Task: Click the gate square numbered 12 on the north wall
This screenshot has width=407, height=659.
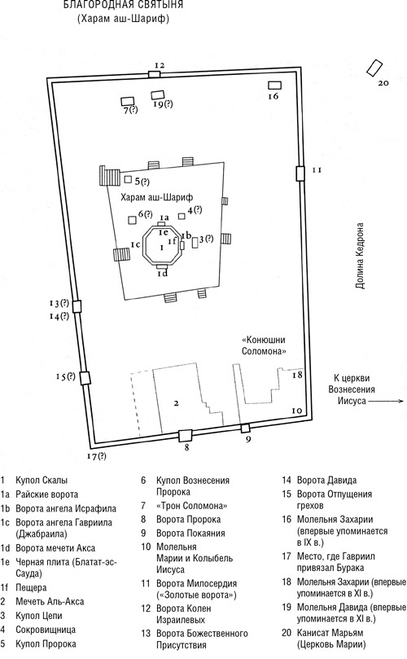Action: point(154,74)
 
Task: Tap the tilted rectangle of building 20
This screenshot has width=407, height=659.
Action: point(374,68)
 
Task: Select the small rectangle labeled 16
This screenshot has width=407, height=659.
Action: point(274,86)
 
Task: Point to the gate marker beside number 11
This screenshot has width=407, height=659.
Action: point(300,174)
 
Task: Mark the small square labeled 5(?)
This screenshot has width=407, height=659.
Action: point(128,179)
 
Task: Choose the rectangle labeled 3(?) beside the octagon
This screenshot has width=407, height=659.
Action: point(195,243)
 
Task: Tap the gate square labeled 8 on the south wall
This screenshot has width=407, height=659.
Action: point(185,436)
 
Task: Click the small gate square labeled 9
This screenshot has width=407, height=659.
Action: point(245,428)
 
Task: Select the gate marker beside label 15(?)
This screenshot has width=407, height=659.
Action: point(85,378)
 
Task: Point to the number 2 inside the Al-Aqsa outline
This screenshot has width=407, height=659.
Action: point(177,403)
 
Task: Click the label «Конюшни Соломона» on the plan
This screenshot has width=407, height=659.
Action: point(264,346)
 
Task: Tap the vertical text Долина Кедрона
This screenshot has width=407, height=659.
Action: point(360,256)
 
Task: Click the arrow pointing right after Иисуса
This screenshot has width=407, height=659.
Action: point(386,402)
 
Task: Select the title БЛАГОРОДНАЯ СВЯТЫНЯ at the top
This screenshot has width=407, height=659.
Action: point(123,5)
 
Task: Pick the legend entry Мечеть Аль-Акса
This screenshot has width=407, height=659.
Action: point(50,601)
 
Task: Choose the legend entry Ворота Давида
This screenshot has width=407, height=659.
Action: point(326,480)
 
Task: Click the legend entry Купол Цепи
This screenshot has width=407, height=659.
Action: point(38,616)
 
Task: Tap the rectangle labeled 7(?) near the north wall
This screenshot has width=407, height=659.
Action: point(127,101)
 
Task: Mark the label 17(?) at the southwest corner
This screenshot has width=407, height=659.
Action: point(96,456)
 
